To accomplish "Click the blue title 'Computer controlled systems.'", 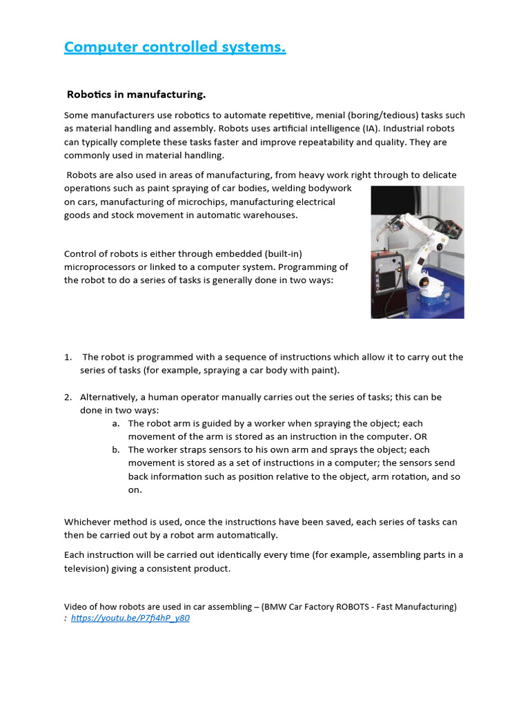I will click(175, 47).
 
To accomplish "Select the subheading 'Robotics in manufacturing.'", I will click(136, 94).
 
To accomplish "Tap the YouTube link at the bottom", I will click(130, 618).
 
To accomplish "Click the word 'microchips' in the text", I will click(251, 202).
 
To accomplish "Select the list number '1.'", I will click(68, 357).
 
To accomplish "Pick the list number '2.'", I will click(68, 397).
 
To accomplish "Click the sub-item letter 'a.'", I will click(116, 423).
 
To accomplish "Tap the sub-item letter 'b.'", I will click(116, 449).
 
